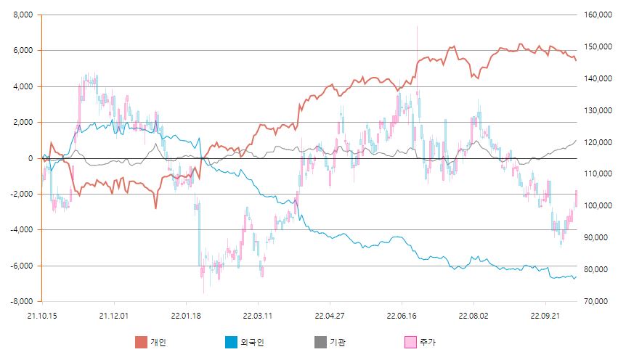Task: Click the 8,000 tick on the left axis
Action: (23, 15)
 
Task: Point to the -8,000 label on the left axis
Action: (22, 301)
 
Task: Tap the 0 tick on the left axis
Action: (30, 158)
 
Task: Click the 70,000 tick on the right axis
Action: (595, 301)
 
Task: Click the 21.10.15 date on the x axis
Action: (41, 315)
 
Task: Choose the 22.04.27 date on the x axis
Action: (329, 315)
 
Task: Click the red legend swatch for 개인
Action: (141, 342)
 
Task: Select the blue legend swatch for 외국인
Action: (231, 342)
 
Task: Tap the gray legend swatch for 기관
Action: (320, 342)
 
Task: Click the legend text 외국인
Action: (251, 342)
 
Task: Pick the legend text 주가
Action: (427, 342)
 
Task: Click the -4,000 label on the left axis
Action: (22, 230)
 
